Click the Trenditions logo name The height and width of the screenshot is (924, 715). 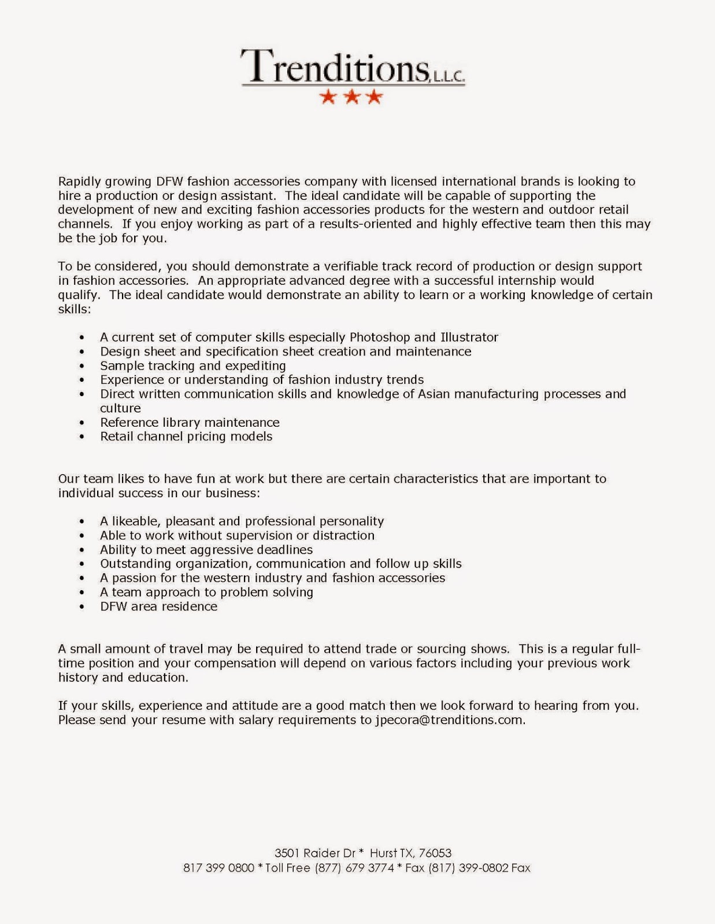[x=335, y=66]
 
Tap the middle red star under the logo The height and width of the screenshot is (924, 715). [x=351, y=97]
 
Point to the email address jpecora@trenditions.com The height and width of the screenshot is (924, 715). [x=449, y=720]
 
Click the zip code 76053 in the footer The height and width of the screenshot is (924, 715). [x=435, y=853]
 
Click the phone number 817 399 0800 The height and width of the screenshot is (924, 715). [x=218, y=867]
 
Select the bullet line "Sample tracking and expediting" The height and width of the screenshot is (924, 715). [x=192, y=366]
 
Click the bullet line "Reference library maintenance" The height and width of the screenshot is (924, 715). [x=190, y=422]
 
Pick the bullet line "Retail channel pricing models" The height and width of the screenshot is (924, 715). [x=186, y=437]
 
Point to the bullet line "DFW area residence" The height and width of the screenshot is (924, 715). [x=158, y=606]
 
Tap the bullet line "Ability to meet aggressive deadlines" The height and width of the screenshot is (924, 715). [x=206, y=550]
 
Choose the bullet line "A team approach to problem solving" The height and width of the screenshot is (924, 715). [x=206, y=592]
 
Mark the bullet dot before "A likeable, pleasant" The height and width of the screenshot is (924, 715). [x=82, y=522]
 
